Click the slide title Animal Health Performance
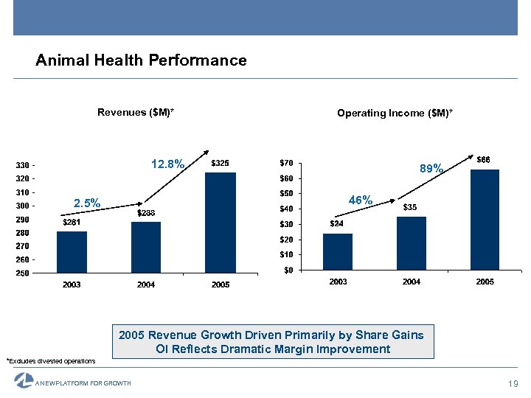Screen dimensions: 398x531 (141, 60)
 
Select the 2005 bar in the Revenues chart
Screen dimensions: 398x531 (220, 223)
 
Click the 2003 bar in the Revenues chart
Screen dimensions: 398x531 (72, 252)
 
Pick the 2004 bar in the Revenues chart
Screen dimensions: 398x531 (146, 247)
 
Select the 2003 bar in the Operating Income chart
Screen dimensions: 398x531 (338, 251)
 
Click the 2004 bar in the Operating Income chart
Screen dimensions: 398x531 (412, 242)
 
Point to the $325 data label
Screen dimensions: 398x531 (220, 163)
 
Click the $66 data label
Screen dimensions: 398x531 (483, 159)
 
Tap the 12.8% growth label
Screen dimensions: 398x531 (167, 164)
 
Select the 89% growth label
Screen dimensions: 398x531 (431, 169)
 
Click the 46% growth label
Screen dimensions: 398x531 (361, 200)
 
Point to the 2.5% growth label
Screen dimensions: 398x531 (86, 203)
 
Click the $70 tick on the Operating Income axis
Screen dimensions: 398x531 (286, 163)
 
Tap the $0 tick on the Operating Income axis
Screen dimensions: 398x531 (288, 270)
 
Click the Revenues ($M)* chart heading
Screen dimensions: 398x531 (135, 112)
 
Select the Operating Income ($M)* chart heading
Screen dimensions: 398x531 (395, 113)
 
